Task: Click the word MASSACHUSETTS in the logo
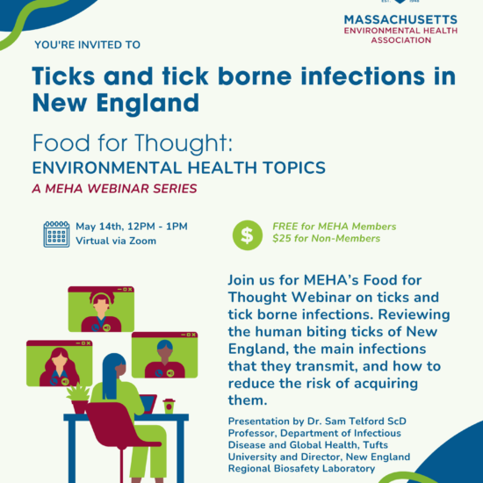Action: click(400, 19)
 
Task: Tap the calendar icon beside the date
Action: click(56, 234)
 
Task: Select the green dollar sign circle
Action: click(248, 235)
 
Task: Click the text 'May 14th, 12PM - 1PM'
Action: click(132, 227)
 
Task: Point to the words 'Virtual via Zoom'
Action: click(116, 241)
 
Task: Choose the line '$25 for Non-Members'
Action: click(326, 238)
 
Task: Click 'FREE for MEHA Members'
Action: click(335, 227)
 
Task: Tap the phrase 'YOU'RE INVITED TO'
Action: click(88, 45)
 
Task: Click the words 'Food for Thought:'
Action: click(133, 143)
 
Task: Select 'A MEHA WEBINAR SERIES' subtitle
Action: click(114, 189)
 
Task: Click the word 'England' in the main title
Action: click(148, 104)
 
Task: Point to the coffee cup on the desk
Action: click(169, 406)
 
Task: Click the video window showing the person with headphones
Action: click(101, 309)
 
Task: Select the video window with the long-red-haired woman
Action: click(59, 364)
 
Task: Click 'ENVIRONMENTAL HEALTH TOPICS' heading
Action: click(179, 168)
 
